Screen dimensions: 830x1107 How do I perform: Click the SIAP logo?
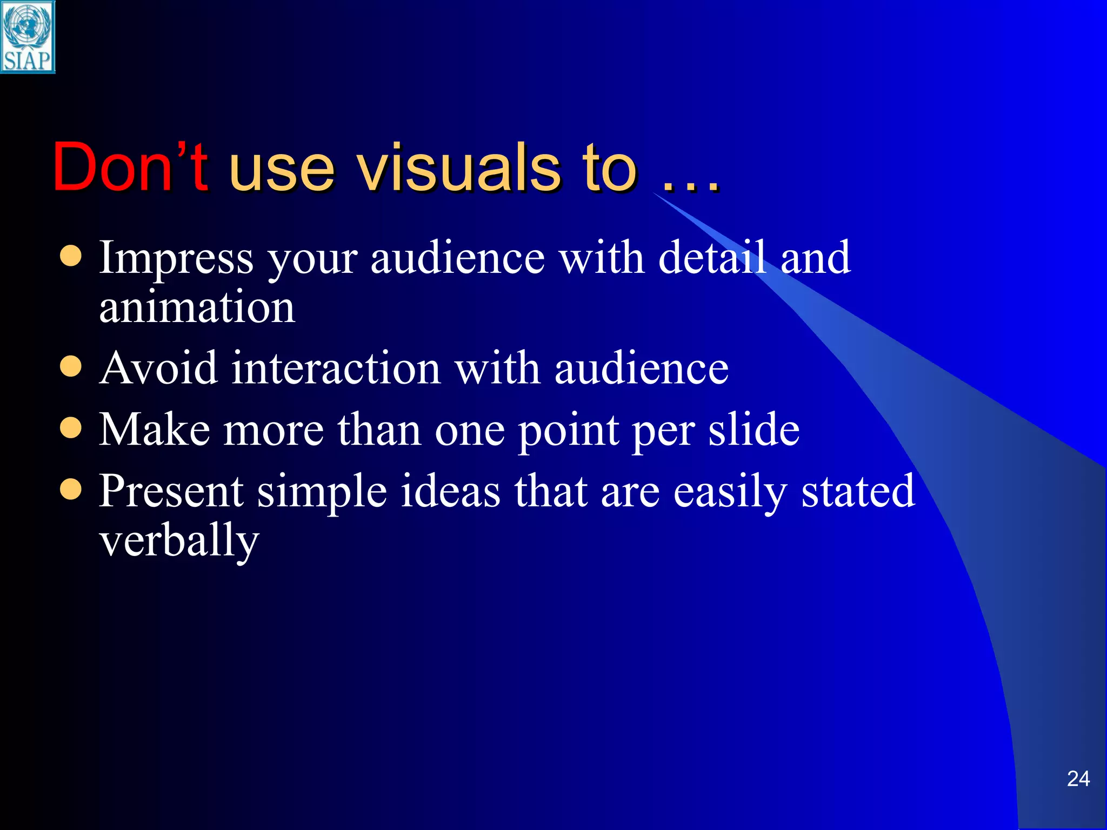point(28,37)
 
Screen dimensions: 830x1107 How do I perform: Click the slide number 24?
point(1078,779)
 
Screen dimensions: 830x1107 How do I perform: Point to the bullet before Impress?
point(71,257)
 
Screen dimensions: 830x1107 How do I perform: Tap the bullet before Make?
point(71,428)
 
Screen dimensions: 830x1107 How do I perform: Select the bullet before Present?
point(71,490)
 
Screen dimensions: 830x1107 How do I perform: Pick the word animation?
point(197,307)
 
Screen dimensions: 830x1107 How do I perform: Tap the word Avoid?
point(159,369)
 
